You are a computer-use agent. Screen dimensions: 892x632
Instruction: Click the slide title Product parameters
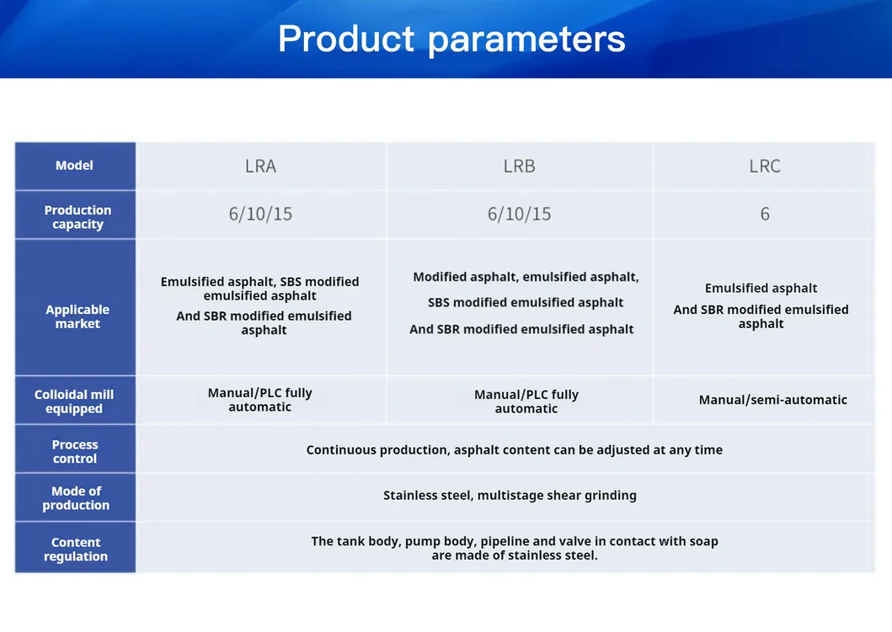pyautogui.click(x=451, y=40)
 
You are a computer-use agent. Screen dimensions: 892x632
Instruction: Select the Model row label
pyautogui.click(x=74, y=166)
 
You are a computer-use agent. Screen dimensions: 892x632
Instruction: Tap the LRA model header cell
pyautogui.click(x=260, y=166)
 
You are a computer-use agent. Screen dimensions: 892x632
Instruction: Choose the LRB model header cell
pyautogui.click(x=520, y=166)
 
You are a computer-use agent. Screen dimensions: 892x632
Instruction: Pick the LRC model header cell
pyautogui.click(x=765, y=166)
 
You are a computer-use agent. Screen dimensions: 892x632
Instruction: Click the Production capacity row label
pyautogui.click(x=78, y=217)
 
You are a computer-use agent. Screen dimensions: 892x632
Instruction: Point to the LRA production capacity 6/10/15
pyautogui.click(x=260, y=214)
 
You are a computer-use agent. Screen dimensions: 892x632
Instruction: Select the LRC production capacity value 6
pyautogui.click(x=765, y=214)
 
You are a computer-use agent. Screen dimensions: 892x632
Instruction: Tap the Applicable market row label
pyautogui.click(x=77, y=316)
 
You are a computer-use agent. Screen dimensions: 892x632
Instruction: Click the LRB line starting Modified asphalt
pyautogui.click(x=526, y=277)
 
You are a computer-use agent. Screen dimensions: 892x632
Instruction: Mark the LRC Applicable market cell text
pyautogui.click(x=761, y=305)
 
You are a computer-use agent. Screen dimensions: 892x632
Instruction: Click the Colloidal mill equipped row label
pyautogui.click(x=74, y=401)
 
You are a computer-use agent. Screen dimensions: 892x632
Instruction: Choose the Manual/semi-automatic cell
pyautogui.click(x=773, y=400)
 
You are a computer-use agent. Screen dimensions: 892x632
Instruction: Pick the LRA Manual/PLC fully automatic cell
pyautogui.click(x=260, y=400)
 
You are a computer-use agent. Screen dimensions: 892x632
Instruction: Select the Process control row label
pyautogui.click(x=75, y=451)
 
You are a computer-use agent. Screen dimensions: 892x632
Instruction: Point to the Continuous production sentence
pyautogui.click(x=515, y=449)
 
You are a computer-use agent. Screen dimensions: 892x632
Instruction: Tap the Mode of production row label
pyautogui.click(x=76, y=498)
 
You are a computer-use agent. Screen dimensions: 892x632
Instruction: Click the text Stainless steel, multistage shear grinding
pyautogui.click(x=510, y=495)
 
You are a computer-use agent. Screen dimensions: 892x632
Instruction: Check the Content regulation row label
pyautogui.click(x=76, y=549)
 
